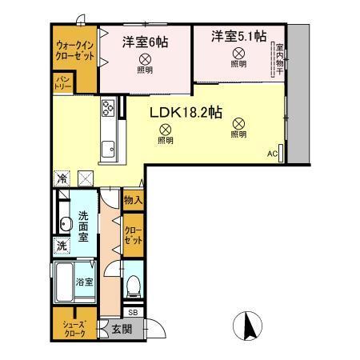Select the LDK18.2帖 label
pyautogui.click(x=186, y=113)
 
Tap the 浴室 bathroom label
pyautogui.click(x=85, y=282)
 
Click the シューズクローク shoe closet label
pyautogui.click(x=73, y=328)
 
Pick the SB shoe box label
pyautogui.click(x=133, y=311)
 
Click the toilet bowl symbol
pyautogui.click(x=134, y=285)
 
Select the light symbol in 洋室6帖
pyautogui.click(x=144, y=59)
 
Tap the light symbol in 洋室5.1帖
pyautogui.click(x=238, y=53)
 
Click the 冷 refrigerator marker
pyautogui.click(x=62, y=177)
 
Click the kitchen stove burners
pyautogui.click(x=108, y=107)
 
